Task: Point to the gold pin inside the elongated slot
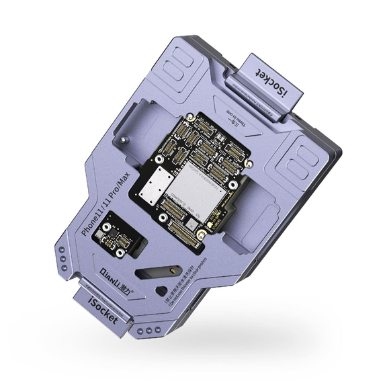point(167,269)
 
